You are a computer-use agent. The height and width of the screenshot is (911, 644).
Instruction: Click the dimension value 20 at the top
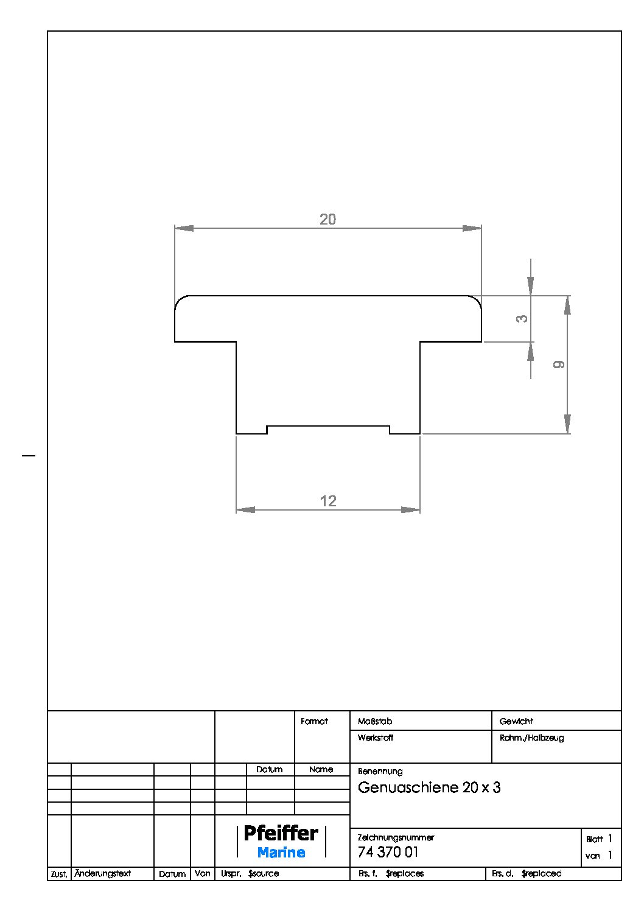click(x=327, y=219)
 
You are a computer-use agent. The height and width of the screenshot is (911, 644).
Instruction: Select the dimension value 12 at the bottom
click(x=328, y=501)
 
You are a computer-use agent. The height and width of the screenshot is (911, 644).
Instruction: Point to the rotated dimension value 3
click(x=522, y=318)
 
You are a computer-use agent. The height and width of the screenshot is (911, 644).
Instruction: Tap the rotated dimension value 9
click(x=559, y=365)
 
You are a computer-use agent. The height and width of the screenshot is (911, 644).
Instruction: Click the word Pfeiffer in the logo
click(x=281, y=832)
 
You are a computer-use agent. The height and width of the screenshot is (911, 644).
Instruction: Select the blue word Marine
click(x=281, y=853)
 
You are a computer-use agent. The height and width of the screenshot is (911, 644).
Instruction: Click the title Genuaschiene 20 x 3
click(x=429, y=787)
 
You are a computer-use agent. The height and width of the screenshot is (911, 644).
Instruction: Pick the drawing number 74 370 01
click(x=388, y=852)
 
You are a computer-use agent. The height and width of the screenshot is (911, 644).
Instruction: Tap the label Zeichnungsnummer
click(x=396, y=837)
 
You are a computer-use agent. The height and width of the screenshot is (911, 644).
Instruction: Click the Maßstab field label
click(x=375, y=721)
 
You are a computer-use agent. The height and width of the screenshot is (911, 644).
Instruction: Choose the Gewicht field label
click(x=516, y=721)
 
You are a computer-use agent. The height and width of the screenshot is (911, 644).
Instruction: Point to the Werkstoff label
click(x=376, y=738)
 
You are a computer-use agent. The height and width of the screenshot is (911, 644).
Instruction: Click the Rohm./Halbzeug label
click(x=531, y=738)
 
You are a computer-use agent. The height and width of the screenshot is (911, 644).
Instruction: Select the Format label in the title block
click(x=314, y=721)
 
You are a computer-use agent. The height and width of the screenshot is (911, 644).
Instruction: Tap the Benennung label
click(x=380, y=771)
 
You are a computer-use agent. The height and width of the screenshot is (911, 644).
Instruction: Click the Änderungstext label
click(x=102, y=873)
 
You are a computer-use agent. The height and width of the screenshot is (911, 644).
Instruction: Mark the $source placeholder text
click(x=264, y=873)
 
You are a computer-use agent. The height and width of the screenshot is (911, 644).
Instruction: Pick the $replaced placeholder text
click(x=541, y=873)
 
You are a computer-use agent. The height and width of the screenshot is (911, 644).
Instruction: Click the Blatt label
click(x=594, y=839)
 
